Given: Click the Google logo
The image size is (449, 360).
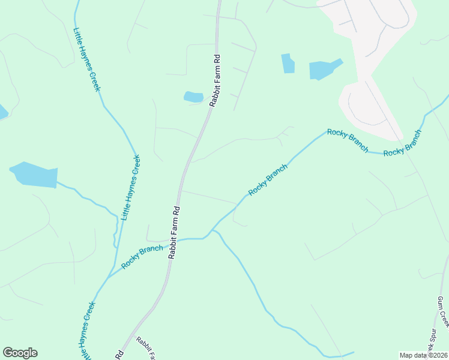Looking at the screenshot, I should click(20, 353).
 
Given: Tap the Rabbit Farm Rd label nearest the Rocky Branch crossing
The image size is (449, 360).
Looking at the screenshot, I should click(175, 232).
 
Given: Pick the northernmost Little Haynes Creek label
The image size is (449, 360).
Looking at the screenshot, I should click(86, 60).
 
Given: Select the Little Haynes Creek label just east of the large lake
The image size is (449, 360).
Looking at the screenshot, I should click(131, 187).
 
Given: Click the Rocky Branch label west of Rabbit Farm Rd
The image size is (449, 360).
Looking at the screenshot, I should click(142, 257).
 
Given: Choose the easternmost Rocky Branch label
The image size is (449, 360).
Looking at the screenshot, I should click(402, 143).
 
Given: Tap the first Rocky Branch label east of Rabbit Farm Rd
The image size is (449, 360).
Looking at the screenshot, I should click(268, 179).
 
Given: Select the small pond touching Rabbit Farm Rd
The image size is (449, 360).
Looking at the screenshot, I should click(193, 97).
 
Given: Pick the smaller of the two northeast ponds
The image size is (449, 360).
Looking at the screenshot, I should click(288, 63).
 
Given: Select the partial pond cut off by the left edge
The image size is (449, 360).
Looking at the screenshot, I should click(2, 112).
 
